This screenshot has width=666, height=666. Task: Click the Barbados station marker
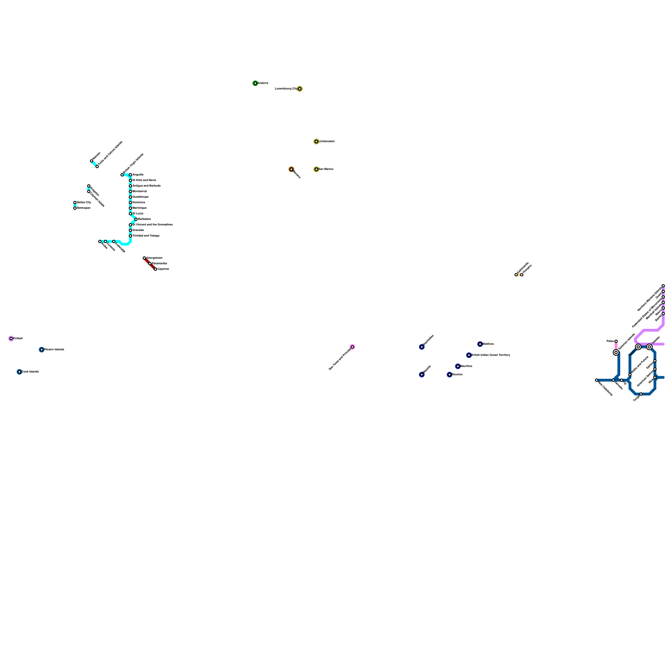coord(136,219)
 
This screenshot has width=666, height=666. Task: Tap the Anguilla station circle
coord(130,175)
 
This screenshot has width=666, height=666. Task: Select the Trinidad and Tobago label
coord(146,236)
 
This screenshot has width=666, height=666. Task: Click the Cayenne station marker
coord(156,269)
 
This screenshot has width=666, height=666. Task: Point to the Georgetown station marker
coord(144,258)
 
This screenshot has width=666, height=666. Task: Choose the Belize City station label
coord(84,202)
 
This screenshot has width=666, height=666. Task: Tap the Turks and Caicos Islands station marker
coord(97,166)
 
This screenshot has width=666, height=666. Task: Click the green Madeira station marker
coord(255,83)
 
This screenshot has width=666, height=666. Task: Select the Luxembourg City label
coord(286,89)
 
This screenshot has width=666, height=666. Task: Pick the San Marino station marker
coord(316,169)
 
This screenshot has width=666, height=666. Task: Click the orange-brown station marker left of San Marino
coord(291,169)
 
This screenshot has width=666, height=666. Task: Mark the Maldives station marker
coord(480,344)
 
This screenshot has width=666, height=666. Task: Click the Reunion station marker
coord(450,375)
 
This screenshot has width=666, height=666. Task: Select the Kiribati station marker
coord(11,338)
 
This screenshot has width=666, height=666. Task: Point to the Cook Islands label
coord(30,372)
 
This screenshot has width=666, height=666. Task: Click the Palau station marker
coord(616,341)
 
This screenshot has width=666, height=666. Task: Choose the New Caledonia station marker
coord(596,380)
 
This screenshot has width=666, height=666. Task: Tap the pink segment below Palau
coord(616,346)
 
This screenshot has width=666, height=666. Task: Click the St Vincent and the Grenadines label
coord(153,224)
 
